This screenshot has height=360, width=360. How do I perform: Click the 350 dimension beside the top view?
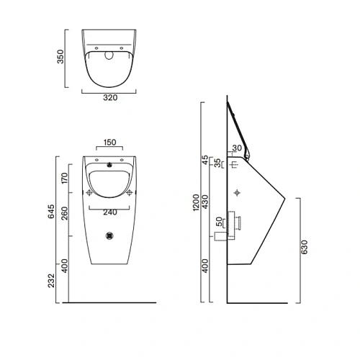pyautogui.click(x=62, y=56)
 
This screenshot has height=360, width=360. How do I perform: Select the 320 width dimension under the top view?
pyautogui.click(x=110, y=98)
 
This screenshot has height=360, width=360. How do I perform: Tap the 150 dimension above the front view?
pyautogui.click(x=110, y=143)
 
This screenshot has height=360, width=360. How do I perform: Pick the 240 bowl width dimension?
pyautogui.click(x=110, y=212)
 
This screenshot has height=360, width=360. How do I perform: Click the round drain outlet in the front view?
pyautogui.click(x=110, y=235)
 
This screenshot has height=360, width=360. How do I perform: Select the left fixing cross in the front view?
pyautogui.click(x=90, y=193)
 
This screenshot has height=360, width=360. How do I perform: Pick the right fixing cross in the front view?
pyautogui.click(x=130, y=193)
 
